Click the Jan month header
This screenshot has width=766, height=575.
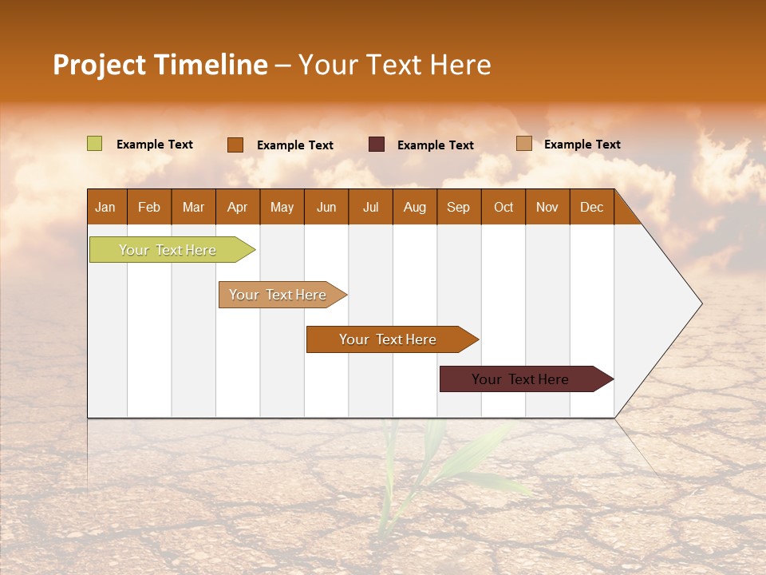[105, 208]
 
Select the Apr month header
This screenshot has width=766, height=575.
[237, 208]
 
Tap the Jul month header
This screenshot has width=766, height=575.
[370, 208]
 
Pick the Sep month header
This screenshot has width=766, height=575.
[458, 208]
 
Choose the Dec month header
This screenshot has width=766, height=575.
[591, 208]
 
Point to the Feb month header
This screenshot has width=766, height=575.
[149, 208]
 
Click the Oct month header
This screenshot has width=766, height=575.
[503, 208]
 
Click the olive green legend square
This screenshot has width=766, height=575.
[94, 144]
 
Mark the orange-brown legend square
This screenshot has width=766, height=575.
[235, 145]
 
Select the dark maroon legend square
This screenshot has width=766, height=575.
[376, 145]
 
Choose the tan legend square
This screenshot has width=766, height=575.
[523, 144]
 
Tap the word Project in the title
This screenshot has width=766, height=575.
[98, 65]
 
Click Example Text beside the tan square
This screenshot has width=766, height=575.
[582, 145]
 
